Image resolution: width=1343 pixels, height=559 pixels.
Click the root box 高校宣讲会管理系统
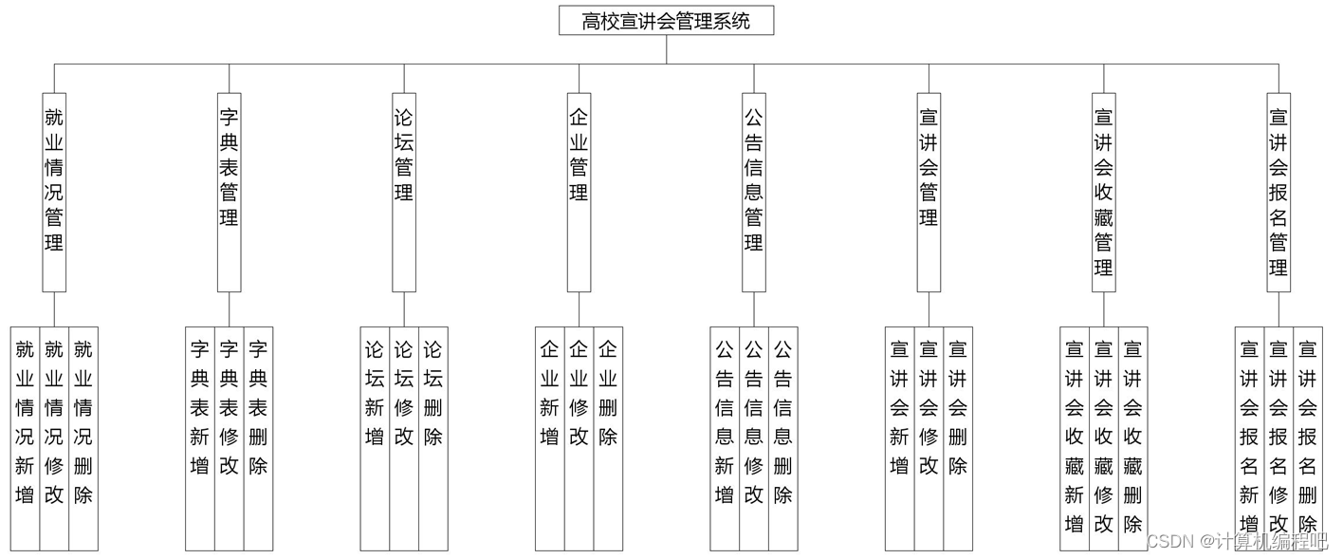[666, 21]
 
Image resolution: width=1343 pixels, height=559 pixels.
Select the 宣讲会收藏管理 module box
[1104, 192]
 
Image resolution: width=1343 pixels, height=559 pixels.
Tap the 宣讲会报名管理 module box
[1279, 192]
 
